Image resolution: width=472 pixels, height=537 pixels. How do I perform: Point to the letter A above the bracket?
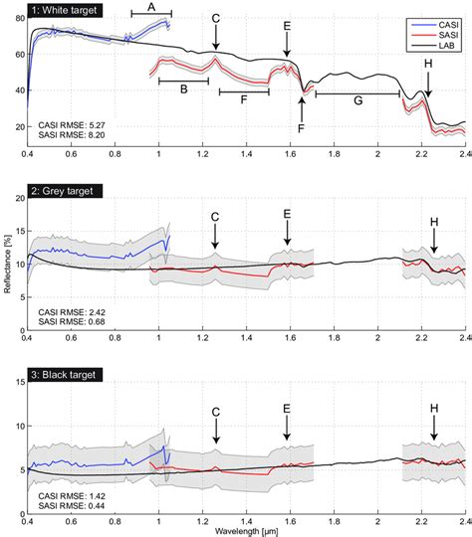(151, 6)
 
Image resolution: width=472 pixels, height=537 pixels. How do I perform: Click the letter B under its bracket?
(183, 89)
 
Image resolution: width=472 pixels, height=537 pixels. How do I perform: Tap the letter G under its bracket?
(356, 101)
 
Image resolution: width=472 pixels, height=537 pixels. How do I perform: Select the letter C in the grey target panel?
(216, 217)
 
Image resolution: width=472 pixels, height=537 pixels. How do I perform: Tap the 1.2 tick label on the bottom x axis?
(202, 518)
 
